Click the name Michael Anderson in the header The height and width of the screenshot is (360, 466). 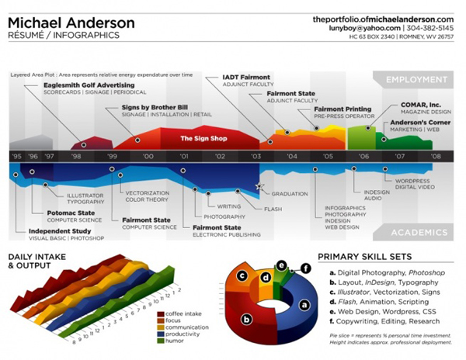click(x=71, y=22)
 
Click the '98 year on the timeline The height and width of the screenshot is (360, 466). click(x=76, y=157)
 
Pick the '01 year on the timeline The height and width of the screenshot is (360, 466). click(x=184, y=157)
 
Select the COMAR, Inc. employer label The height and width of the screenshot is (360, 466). click(x=423, y=103)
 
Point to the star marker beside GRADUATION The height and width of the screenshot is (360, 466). click(x=259, y=186)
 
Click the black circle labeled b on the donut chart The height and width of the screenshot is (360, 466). click(x=247, y=318)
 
